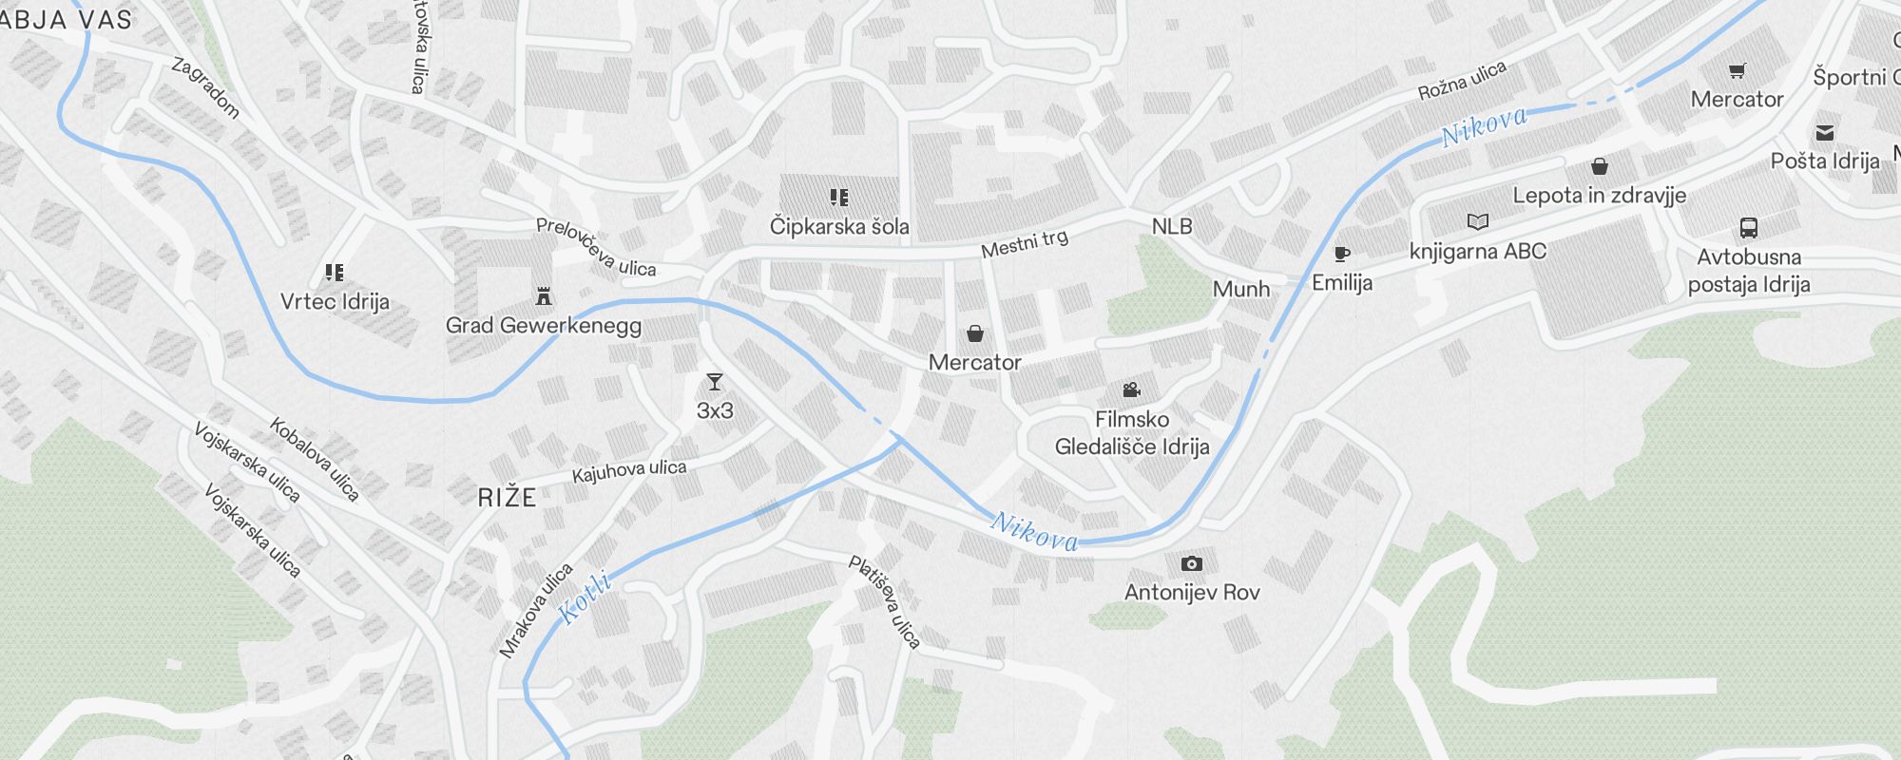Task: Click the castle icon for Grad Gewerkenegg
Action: [x=544, y=296]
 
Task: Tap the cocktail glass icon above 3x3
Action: [x=715, y=382]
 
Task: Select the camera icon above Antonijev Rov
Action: [x=1191, y=563]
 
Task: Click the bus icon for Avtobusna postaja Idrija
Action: [x=1748, y=227]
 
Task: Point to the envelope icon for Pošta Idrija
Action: [x=1825, y=132]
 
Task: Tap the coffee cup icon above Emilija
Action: [x=1341, y=254]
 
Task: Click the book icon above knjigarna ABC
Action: [x=1477, y=221]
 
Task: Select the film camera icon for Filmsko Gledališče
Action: [x=1131, y=389]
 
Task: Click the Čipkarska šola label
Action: [x=838, y=226]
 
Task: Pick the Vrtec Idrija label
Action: [x=335, y=301]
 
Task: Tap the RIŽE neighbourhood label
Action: [x=507, y=497]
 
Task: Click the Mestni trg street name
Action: [x=1025, y=243]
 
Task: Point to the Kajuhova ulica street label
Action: [x=628, y=470]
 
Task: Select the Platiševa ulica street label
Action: [x=885, y=602]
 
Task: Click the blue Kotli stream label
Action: [x=584, y=597]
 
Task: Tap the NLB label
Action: [x=1171, y=226]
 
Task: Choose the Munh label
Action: [x=1240, y=289]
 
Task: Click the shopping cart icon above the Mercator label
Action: [x=1737, y=70]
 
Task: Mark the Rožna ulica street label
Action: [x=1462, y=80]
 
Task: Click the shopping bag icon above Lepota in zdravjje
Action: [x=1600, y=167]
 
